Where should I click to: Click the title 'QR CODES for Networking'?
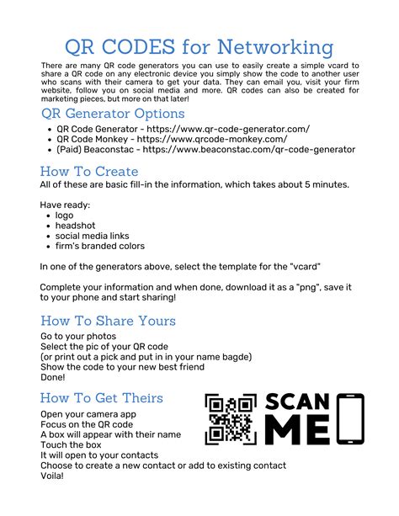click(199, 46)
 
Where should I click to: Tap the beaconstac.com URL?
click(249, 150)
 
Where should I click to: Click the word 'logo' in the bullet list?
click(65, 215)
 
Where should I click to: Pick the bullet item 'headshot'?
click(75, 226)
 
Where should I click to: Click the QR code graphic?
click(230, 418)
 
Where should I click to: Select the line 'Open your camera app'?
click(89, 415)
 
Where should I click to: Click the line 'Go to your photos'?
click(80, 337)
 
